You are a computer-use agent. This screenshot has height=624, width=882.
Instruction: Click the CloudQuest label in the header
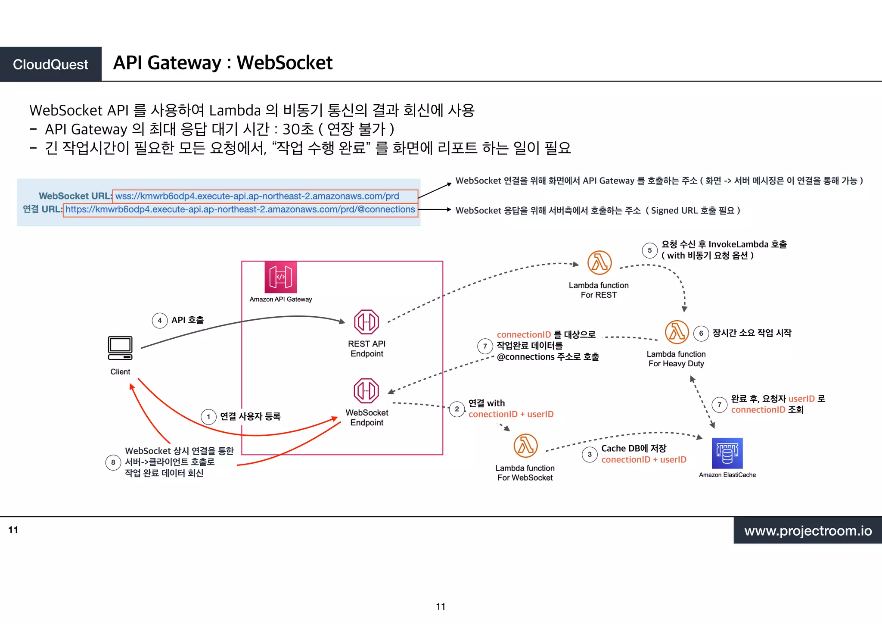click(50, 64)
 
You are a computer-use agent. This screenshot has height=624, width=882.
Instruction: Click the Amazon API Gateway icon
click(280, 277)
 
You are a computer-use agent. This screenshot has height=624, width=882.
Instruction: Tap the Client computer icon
click(120, 348)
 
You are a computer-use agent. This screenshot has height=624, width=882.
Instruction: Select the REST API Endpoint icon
click(366, 322)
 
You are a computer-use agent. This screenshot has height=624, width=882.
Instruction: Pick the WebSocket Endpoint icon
click(366, 390)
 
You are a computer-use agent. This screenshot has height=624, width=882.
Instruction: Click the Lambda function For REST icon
click(599, 262)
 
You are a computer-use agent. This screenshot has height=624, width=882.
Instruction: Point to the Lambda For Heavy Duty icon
click(677, 332)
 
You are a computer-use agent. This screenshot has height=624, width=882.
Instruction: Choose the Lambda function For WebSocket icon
click(525, 446)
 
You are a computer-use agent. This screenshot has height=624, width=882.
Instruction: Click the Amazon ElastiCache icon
click(727, 453)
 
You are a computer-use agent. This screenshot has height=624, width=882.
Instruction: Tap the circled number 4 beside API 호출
click(160, 320)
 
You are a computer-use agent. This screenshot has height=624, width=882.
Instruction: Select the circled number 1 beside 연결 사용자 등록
click(208, 417)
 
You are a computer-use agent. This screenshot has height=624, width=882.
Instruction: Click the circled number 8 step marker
click(113, 462)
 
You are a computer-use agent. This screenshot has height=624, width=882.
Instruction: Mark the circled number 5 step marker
click(649, 250)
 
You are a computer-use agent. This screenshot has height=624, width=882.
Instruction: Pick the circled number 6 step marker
click(701, 333)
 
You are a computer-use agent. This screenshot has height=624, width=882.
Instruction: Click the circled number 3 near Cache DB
click(590, 454)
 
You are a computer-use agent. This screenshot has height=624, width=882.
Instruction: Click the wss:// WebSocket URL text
click(257, 196)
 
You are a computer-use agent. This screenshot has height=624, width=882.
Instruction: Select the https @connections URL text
click(240, 209)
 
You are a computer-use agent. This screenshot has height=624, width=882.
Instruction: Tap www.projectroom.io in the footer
click(808, 530)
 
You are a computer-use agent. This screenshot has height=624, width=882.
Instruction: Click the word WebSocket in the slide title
click(285, 63)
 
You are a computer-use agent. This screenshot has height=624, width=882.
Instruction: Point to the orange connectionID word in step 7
click(524, 334)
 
